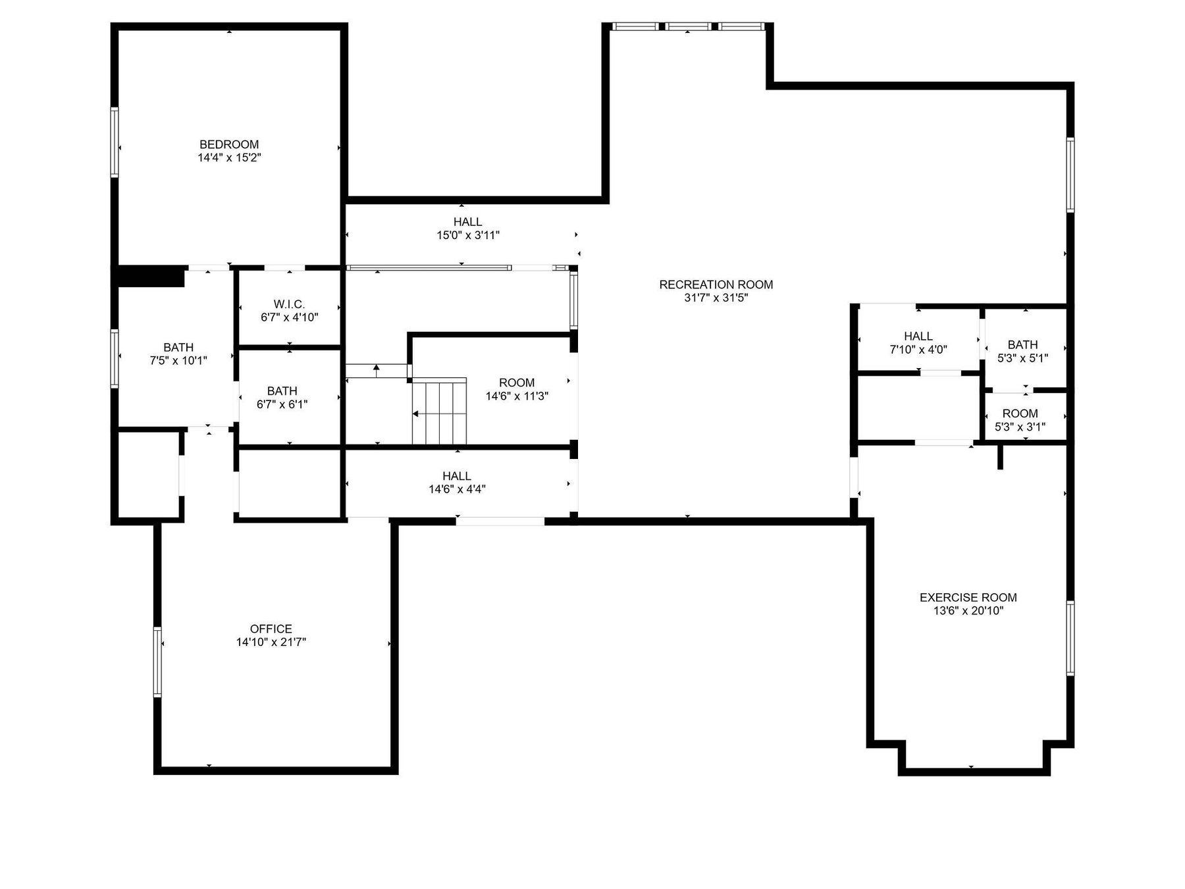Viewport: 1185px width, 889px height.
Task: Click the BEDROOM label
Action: coord(229,144)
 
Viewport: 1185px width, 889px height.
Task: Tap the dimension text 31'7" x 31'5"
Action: coord(716,298)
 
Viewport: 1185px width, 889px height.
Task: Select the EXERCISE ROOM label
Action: coord(968,597)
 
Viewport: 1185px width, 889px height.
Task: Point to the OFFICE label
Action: coord(271,629)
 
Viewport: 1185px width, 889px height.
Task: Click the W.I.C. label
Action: coord(290,304)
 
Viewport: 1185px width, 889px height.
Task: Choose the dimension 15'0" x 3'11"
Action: coord(468,235)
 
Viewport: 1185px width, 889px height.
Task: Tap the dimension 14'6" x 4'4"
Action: coord(457,489)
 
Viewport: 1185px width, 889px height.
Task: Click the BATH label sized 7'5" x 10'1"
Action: coord(178,347)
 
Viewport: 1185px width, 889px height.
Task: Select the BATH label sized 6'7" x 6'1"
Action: coord(282,391)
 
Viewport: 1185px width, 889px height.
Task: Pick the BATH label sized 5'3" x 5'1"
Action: coord(1022,344)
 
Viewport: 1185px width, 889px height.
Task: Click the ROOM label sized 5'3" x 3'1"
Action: coord(1020,414)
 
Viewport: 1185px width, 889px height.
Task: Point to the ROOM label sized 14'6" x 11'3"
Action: coord(517,383)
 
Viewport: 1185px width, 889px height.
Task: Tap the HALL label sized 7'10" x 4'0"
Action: coord(918,336)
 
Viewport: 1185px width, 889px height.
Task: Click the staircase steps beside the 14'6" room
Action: coord(439,411)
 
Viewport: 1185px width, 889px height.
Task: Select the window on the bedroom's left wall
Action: coord(115,142)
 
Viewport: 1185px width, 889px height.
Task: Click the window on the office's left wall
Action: coord(157,662)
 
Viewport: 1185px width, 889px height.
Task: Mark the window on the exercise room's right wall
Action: coord(1070,638)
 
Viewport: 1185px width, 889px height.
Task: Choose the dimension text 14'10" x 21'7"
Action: coord(271,642)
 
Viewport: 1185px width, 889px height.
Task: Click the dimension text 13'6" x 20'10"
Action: coord(968,610)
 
